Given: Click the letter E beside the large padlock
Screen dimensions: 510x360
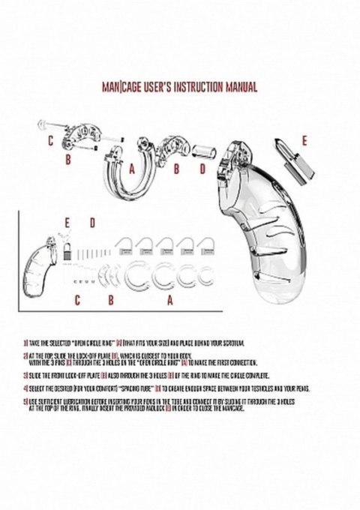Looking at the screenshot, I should tap(303, 140).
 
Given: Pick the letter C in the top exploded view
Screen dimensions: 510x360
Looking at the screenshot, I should tap(50, 141).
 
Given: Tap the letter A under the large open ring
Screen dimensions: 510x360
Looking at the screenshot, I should tap(131, 169).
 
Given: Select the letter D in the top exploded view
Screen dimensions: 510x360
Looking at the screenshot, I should tap(201, 169).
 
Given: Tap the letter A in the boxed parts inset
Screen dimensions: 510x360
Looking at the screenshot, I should tap(169, 300).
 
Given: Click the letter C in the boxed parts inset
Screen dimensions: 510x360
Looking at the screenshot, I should tap(76, 300).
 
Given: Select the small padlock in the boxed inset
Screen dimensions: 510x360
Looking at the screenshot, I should tap(66, 252).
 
